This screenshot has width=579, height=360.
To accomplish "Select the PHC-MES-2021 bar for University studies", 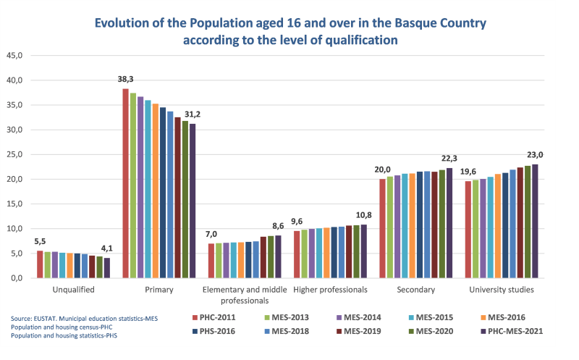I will pyautogui.click(x=535, y=221).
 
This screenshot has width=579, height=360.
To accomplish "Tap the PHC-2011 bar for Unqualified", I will pyautogui.click(x=40, y=264).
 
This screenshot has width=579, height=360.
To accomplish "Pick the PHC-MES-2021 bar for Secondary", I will pyautogui.click(x=449, y=223).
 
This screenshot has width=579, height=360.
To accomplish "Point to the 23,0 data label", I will pyautogui.click(x=534, y=155).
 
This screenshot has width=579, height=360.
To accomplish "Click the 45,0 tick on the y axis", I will pyautogui.click(x=15, y=55).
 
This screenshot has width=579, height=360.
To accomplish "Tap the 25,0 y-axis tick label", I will pyautogui.click(x=15, y=154).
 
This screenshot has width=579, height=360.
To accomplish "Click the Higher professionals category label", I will pyautogui.click(x=330, y=290).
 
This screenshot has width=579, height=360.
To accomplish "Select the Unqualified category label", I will pyautogui.click(x=74, y=290).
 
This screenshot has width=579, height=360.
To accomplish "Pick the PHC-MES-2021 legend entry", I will pyautogui.click(x=511, y=332).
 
